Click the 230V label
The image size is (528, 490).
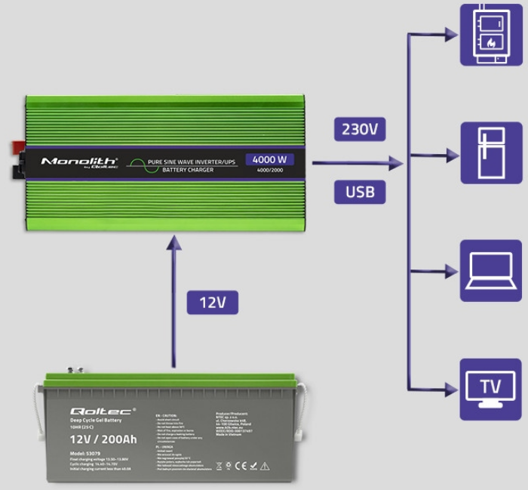pos(360,128)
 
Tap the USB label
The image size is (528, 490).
pos(360,191)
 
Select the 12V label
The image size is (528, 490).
pos(213,303)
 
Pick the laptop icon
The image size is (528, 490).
pos(490,270)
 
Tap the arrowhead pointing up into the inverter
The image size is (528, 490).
pos(174,241)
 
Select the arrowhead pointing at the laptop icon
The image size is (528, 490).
pos(450,271)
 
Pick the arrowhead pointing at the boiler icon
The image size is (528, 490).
pos(450,34)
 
